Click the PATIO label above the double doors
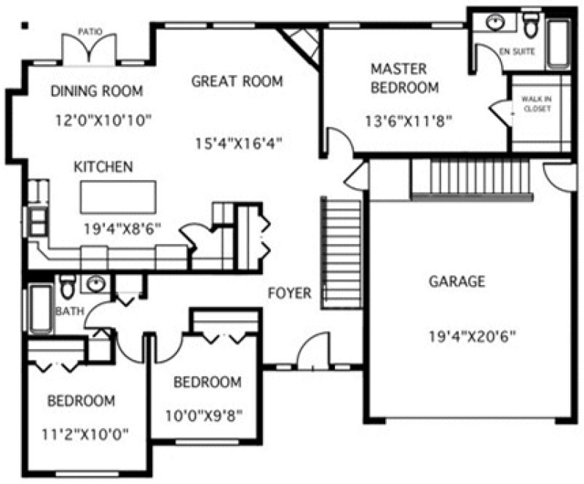pos(90,31)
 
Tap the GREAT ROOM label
pos(237,81)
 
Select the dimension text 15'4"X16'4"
pos(239,143)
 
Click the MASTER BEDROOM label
pos(404,79)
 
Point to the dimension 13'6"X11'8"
pos(410,121)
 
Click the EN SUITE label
pos(517,52)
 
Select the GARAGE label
pos(457,282)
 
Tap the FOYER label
pos(289,294)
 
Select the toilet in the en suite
pos(531,24)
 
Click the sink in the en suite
pos(495,23)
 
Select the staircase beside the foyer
pos(342,251)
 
